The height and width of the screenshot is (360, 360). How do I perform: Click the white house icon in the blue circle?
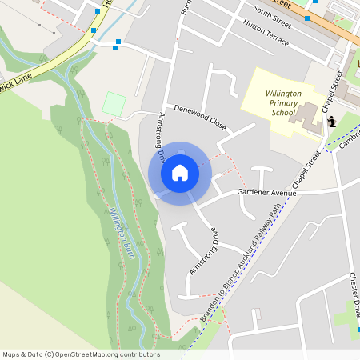pyautogui.click(x=179, y=172)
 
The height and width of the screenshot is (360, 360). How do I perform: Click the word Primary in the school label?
pyautogui.click(x=283, y=104)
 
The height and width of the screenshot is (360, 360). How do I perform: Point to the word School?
pyautogui.click(x=283, y=114)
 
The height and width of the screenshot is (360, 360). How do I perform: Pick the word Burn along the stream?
pyautogui.click(x=127, y=250)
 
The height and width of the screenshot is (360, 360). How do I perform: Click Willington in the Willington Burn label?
pyautogui.click(x=118, y=226)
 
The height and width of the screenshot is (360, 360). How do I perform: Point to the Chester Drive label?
pyautogui.click(x=354, y=296)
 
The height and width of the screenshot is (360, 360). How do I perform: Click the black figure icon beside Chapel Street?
pyautogui.click(x=331, y=122)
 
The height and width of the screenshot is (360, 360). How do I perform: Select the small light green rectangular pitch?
pyautogui.click(x=114, y=103)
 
